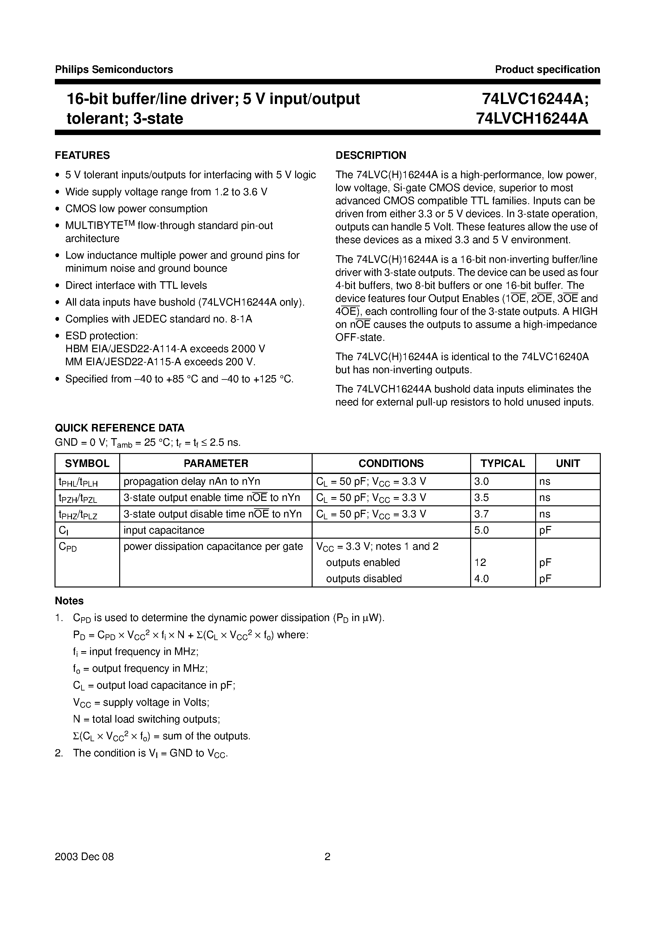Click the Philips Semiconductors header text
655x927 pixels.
pos(114,69)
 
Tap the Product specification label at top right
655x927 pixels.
pos(547,69)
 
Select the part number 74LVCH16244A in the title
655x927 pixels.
pos(532,118)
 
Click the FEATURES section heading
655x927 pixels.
pos(82,155)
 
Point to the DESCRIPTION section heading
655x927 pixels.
pos(371,155)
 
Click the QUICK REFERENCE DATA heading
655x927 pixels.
pos(120,428)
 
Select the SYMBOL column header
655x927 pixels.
pos(87,463)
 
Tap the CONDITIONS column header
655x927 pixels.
pos(391,463)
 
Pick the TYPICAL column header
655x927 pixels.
pos(503,463)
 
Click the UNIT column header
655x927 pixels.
pos(567,463)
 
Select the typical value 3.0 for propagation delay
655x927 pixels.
pos(481,481)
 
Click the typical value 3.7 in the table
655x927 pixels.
pos(481,514)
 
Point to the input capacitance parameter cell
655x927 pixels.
pos(164,530)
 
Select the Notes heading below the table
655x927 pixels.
pos(69,601)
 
